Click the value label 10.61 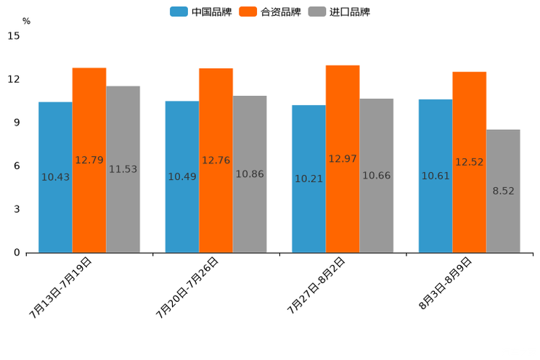[x=435, y=176]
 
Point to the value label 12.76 [x=216, y=160]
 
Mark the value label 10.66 [x=376, y=176]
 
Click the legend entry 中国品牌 [x=201, y=12]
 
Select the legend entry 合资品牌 [x=270, y=12]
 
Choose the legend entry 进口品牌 [x=339, y=12]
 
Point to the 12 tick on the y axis [x=14, y=79]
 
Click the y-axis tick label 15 [x=14, y=36]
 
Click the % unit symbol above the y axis [x=26, y=22]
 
